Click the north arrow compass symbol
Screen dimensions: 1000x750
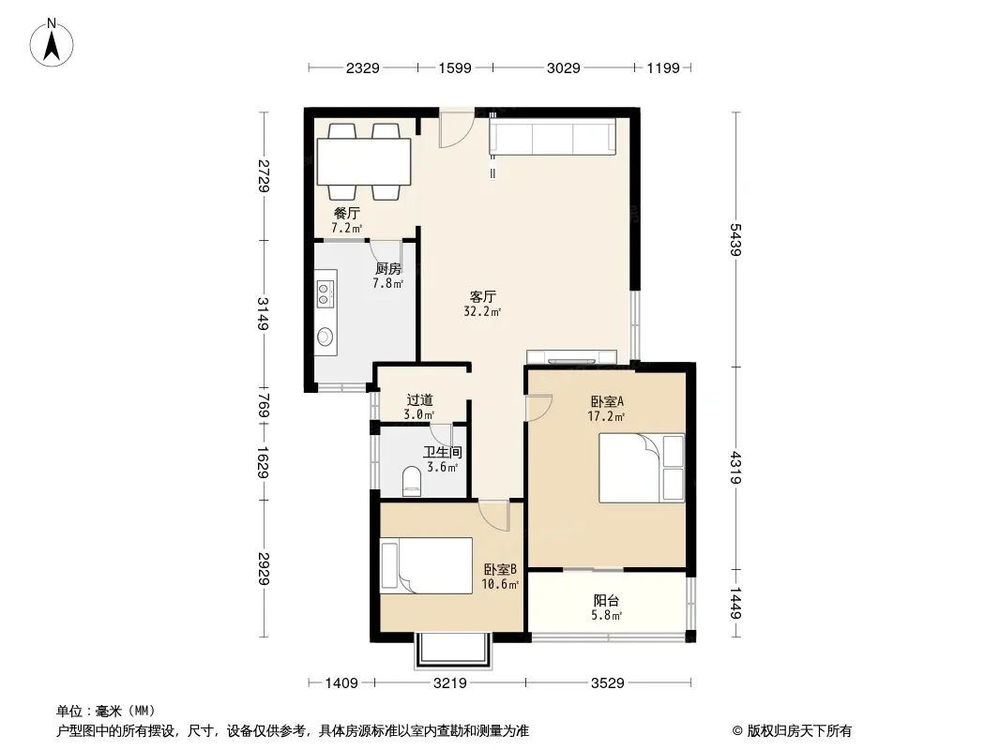coord(52,43)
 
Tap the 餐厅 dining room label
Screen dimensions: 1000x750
coord(347,213)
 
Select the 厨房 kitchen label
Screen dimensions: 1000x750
coord(387,269)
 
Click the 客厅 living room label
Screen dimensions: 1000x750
coord(483,297)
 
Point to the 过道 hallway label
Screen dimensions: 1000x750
coord(419,400)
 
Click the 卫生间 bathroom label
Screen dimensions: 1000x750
coord(443,453)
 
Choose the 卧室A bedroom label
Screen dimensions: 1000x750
coord(607,401)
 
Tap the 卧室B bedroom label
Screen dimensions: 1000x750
coord(500,569)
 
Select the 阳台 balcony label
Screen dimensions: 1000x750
coord(606,600)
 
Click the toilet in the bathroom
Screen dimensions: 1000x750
coord(412,482)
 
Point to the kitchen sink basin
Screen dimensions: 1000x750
coord(326,336)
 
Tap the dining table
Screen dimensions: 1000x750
coord(364,161)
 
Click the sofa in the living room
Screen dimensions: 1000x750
coord(553,136)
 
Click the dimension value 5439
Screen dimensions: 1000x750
coord(735,240)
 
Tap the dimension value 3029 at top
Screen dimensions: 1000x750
coord(563,67)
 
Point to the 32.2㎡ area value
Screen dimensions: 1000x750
coord(482,311)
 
